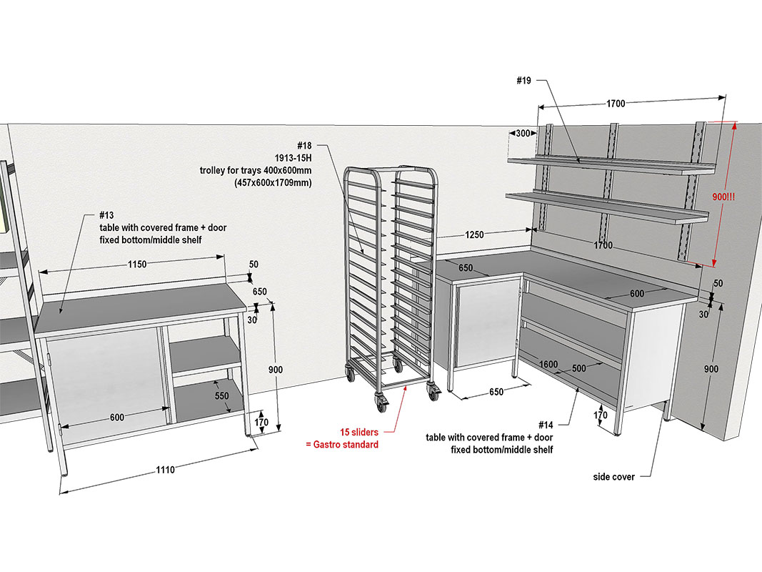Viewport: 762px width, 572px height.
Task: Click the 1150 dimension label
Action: click(137, 264)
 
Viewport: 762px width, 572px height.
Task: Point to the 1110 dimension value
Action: click(165, 470)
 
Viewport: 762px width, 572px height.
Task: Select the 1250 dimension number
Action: click(474, 235)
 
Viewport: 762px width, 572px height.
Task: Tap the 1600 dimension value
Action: click(548, 365)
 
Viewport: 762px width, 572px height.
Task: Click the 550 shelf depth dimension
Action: click(221, 396)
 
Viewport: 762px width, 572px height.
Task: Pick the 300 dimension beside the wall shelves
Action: click(523, 133)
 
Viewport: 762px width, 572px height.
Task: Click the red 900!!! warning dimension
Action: click(723, 197)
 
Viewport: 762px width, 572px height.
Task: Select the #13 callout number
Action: click(106, 215)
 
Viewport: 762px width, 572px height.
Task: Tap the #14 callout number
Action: click(546, 425)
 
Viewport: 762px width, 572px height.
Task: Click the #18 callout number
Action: click(304, 145)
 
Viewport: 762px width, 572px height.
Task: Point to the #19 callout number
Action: click(524, 81)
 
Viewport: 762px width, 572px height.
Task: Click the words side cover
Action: click(613, 477)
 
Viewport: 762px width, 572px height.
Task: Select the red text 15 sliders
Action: click(359, 432)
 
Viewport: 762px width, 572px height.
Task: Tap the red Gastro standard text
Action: click(346, 445)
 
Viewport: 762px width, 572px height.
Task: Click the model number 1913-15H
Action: click(293, 158)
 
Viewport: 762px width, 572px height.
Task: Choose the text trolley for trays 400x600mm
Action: click(256, 171)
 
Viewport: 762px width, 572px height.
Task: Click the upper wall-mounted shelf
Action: click(611, 164)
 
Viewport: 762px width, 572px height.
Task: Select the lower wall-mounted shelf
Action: click(607, 207)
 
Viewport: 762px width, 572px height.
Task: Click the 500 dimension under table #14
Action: click(578, 369)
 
